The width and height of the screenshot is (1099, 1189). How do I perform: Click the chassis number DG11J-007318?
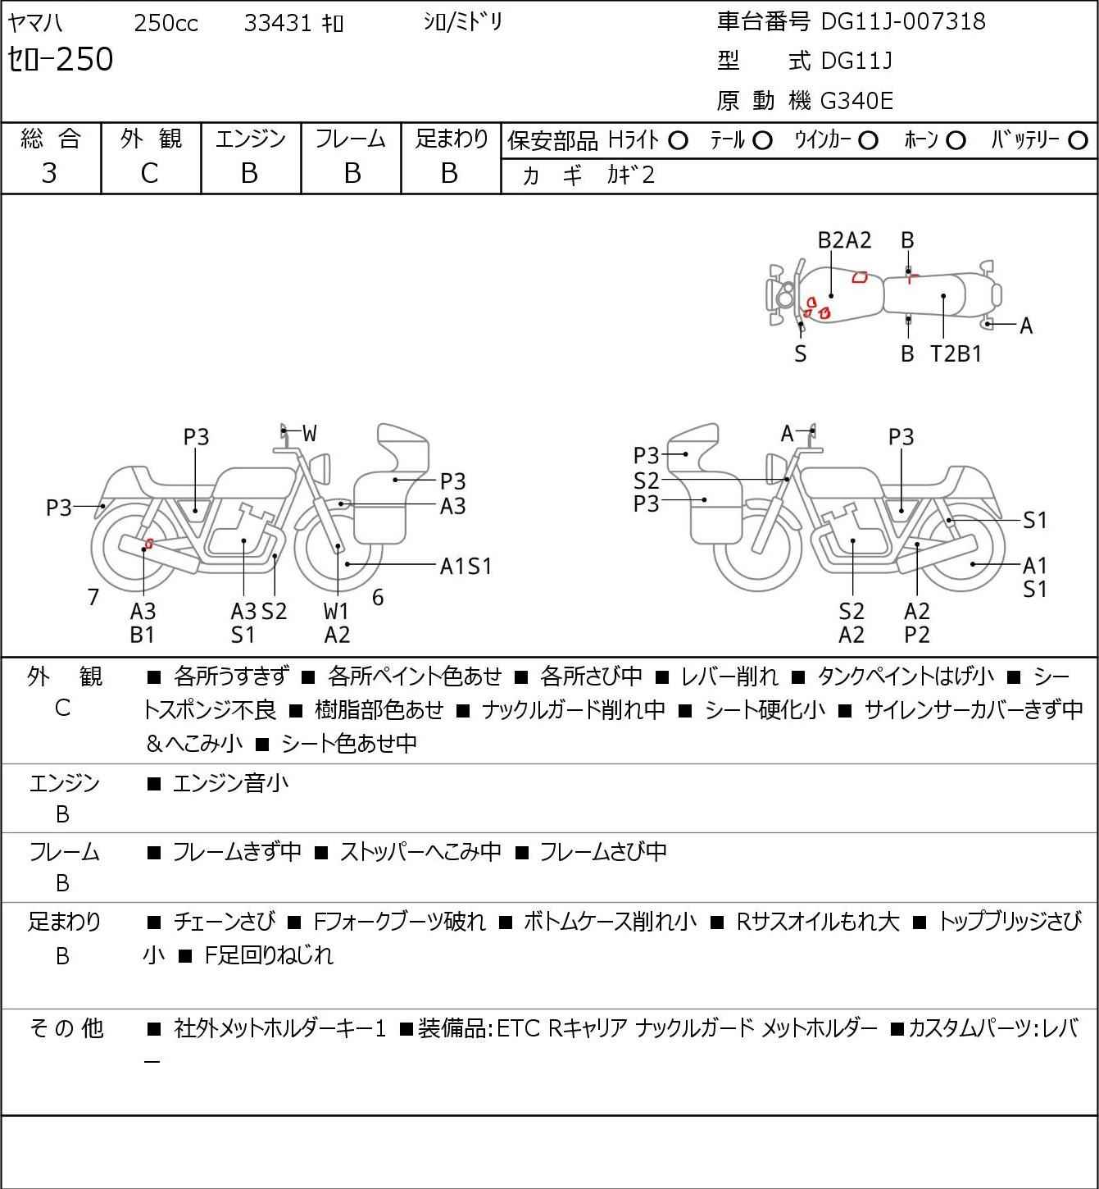click(x=903, y=20)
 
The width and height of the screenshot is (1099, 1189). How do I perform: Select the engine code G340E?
click(x=856, y=101)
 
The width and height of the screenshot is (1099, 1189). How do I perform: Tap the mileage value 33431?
click(x=277, y=23)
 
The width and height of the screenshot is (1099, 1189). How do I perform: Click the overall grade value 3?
click(x=49, y=173)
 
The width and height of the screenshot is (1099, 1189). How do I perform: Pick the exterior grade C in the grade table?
click(x=149, y=173)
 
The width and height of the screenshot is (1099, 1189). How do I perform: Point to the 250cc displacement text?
click(x=166, y=23)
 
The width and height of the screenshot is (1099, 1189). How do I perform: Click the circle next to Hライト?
click(x=678, y=141)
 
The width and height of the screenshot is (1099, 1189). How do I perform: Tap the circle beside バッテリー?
click(x=1079, y=141)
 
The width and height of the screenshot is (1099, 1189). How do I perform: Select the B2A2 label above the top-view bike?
click(x=845, y=240)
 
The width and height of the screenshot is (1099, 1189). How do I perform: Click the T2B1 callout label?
click(x=956, y=354)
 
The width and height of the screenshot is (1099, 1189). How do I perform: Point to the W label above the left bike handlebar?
click(x=309, y=434)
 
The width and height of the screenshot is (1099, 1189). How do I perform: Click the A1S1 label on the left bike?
click(x=465, y=566)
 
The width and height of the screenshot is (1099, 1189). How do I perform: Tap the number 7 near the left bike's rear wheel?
click(x=93, y=597)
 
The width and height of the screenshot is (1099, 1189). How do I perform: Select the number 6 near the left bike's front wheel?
click(x=378, y=597)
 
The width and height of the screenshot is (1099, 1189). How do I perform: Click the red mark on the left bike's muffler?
click(x=148, y=543)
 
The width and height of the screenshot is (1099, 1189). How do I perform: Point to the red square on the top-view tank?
click(x=860, y=277)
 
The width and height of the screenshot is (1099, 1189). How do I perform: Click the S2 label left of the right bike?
click(x=646, y=480)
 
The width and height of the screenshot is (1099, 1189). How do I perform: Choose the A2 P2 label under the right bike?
click(x=917, y=623)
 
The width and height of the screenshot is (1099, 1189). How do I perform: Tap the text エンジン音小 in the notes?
click(x=231, y=783)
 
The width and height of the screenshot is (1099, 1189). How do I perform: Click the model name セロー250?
click(x=61, y=59)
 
